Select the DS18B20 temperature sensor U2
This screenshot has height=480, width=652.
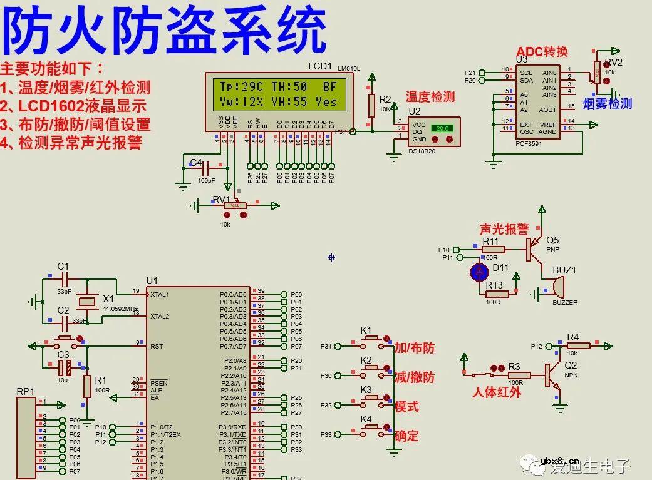[x=433, y=131]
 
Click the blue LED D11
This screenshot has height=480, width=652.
[x=480, y=272]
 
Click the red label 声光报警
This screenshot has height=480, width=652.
[x=504, y=230]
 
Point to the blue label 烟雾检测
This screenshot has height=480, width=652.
[x=607, y=104]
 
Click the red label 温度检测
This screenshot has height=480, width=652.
[x=430, y=96]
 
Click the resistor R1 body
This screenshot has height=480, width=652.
[x=87, y=386]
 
